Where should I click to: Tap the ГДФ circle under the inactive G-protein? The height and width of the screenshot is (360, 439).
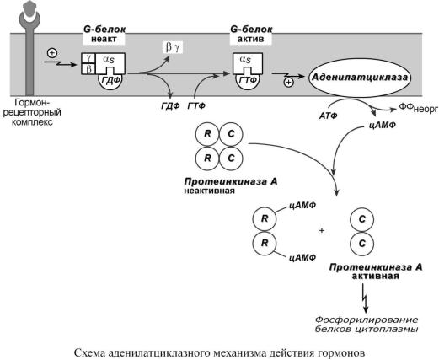coord(110,82)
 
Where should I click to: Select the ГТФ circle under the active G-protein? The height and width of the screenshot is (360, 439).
coord(248,82)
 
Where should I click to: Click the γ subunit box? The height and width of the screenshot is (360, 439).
coord(88,58)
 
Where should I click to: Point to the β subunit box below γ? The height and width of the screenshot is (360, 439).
coord(88,69)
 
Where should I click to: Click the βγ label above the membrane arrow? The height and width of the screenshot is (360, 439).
coord(173,47)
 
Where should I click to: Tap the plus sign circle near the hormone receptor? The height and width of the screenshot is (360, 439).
coord(52,53)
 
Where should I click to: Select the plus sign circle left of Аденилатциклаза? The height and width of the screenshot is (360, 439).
coord(288,83)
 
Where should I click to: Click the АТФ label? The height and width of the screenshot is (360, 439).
coord(328,116)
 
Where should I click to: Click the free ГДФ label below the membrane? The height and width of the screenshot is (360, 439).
coord(170,106)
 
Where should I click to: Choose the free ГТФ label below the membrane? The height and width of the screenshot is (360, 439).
coord(196,106)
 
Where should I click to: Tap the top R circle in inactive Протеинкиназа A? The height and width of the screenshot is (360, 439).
coord(207,134)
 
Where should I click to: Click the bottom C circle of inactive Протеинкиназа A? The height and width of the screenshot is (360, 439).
coord(231,159)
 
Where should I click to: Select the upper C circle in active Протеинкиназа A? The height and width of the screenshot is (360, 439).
coord(361,219)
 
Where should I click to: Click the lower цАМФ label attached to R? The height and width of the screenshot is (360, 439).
coord(302,257)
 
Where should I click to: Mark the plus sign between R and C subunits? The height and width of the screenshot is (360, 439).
coord(322,231)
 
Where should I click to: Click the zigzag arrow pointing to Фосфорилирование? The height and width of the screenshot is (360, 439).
coord(365,298)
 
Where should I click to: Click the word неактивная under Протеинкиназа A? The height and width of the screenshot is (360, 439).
coord(209,191)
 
